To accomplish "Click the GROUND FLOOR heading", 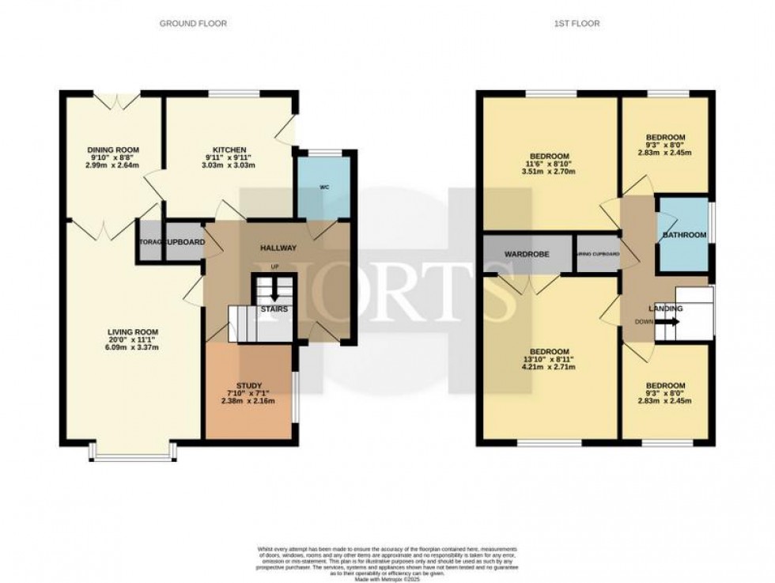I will (193, 24).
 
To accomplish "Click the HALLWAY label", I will (279, 248).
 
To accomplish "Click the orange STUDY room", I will (248, 392).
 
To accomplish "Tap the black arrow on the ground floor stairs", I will (274, 293).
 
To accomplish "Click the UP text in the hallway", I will (274, 267).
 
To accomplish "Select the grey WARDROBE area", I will (527, 254).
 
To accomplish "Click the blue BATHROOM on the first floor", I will (684, 235).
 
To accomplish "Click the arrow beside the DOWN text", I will (669, 322).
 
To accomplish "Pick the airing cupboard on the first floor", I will (597, 254).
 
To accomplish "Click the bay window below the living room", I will (133, 453).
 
